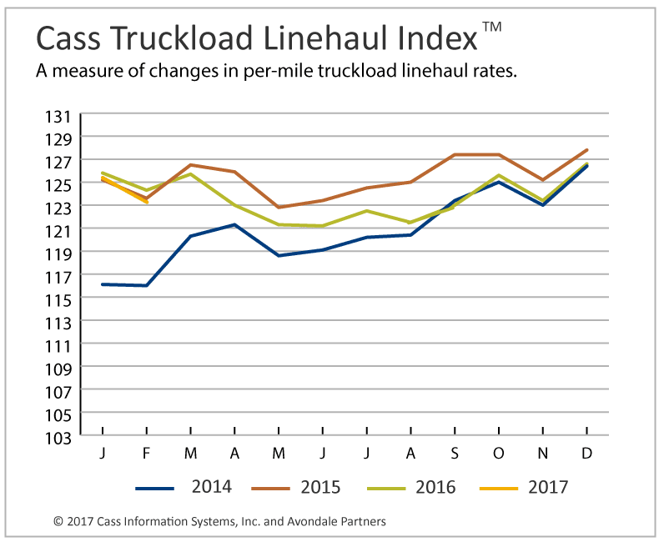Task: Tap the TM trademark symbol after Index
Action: (x=492, y=27)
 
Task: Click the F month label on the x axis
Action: (x=147, y=453)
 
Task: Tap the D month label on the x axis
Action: (x=587, y=453)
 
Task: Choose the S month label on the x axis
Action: (x=455, y=453)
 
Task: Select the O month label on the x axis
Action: (x=499, y=453)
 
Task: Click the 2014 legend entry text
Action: (x=211, y=487)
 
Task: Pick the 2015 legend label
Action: (x=320, y=487)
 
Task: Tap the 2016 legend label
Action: (x=435, y=487)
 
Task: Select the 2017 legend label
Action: (x=547, y=487)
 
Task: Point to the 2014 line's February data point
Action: (x=147, y=285)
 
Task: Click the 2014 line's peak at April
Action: (x=235, y=224)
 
